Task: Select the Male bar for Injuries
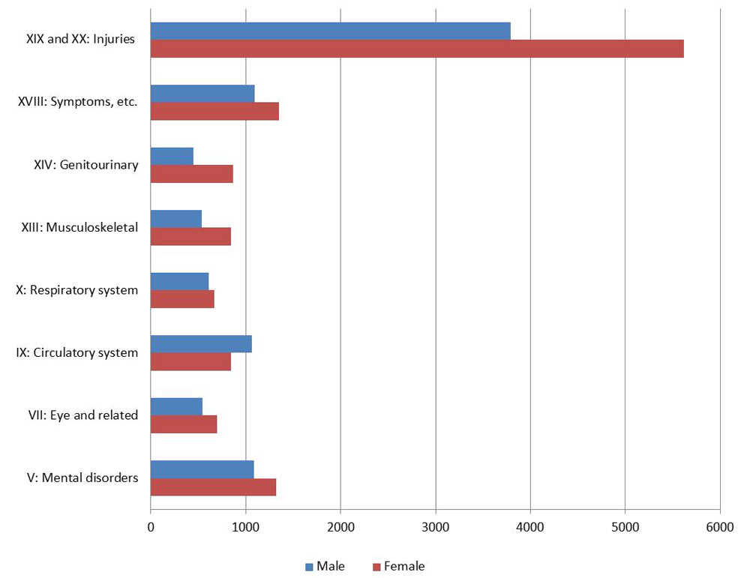pos(330,31)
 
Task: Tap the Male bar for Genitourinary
pos(172,156)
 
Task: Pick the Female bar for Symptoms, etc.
pos(214,111)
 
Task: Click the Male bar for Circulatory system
pos(201,343)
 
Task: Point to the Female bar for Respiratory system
pos(182,299)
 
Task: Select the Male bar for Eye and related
pos(176,406)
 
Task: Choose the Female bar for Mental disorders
pos(213,487)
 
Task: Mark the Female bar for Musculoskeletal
pos(190,236)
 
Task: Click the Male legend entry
pos(325,567)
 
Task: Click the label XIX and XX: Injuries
pos(80,39)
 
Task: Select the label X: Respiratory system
pos(77,289)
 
